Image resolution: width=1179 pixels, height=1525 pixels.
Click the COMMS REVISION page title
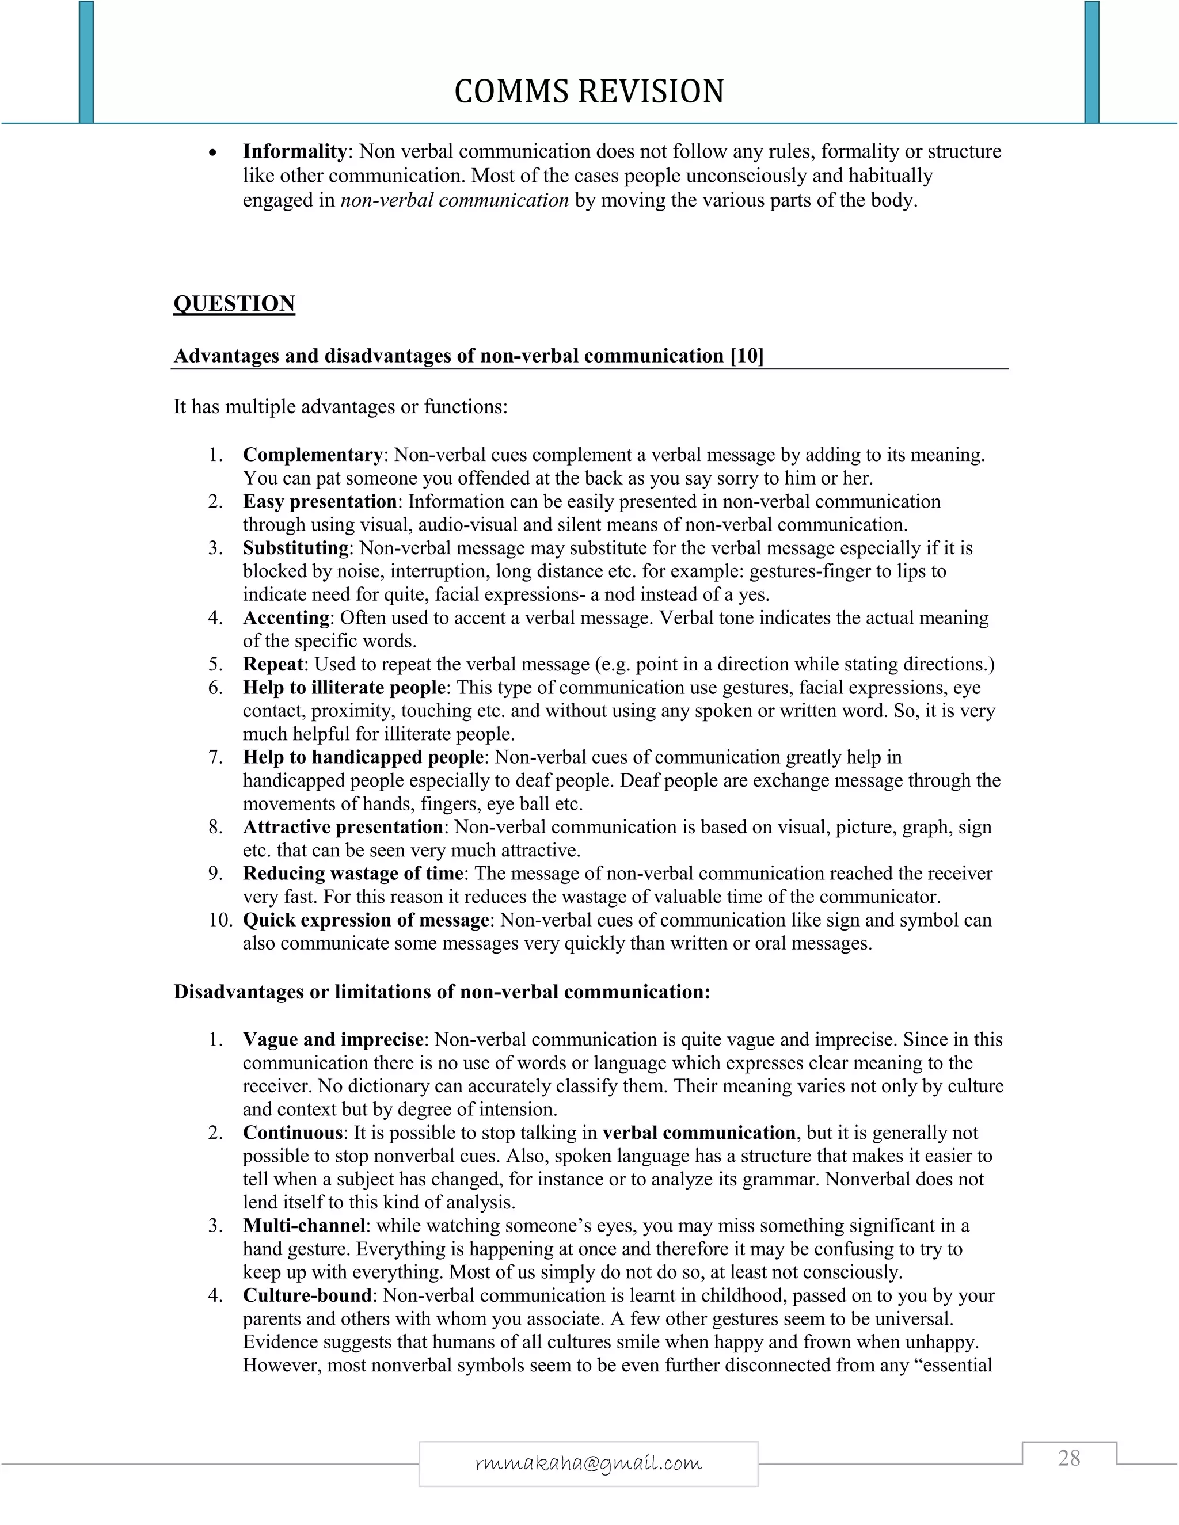click(589, 91)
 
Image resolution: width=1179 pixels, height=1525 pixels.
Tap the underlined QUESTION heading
click(234, 304)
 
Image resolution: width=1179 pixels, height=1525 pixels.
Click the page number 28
click(1068, 1458)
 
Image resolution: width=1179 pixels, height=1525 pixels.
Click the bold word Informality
click(295, 151)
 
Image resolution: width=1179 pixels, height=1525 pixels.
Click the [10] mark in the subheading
click(747, 356)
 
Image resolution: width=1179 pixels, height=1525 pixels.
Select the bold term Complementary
click(312, 455)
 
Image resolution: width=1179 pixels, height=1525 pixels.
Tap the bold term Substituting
click(295, 548)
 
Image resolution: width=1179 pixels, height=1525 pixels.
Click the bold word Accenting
click(286, 618)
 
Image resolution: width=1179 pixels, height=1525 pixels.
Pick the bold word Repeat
click(273, 664)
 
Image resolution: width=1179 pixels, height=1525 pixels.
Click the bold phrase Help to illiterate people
click(344, 688)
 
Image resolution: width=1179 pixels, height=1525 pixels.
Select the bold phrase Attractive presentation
click(343, 828)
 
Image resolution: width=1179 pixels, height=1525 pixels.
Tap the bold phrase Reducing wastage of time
click(353, 874)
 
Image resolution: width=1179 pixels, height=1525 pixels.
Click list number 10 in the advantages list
click(219, 920)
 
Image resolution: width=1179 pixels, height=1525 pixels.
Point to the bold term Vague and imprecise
click(333, 1040)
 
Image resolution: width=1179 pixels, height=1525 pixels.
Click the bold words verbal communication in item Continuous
click(699, 1133)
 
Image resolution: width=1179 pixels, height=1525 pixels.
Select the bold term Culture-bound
click(307, 1295)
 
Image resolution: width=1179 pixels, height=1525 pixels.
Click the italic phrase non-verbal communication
click(455, 200)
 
